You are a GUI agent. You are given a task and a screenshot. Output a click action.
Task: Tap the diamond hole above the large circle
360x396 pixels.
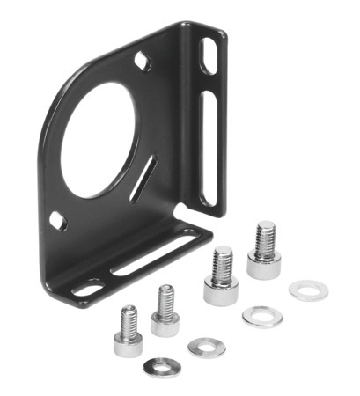tap(141, 62)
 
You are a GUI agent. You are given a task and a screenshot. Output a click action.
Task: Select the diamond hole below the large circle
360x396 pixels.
tap(57, 220)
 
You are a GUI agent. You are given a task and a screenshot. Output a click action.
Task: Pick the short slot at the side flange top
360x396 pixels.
tap(208, 57)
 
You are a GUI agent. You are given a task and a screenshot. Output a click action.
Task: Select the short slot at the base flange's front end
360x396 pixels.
tap(87, 286)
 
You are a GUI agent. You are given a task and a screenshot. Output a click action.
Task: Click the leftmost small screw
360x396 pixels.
tap(129, 332)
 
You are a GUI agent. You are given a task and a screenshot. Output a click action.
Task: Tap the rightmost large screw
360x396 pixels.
tap(263, 252)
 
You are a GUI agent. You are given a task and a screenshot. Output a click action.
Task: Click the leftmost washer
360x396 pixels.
tap(161, 365)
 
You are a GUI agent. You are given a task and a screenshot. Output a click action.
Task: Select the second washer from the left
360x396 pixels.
tap(206, 347)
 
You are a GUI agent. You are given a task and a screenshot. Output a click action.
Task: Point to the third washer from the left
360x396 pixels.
tap(262, 317)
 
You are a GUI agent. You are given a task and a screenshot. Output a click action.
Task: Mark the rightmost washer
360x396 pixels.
tap(308, 290)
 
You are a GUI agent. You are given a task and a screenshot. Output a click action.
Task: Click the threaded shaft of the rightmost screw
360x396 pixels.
tap(265, 238)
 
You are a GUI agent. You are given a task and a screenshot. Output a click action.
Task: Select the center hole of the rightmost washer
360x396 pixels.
tap(308, 290)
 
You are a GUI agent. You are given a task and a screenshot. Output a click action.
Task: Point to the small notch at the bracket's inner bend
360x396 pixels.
tap(179, 213)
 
